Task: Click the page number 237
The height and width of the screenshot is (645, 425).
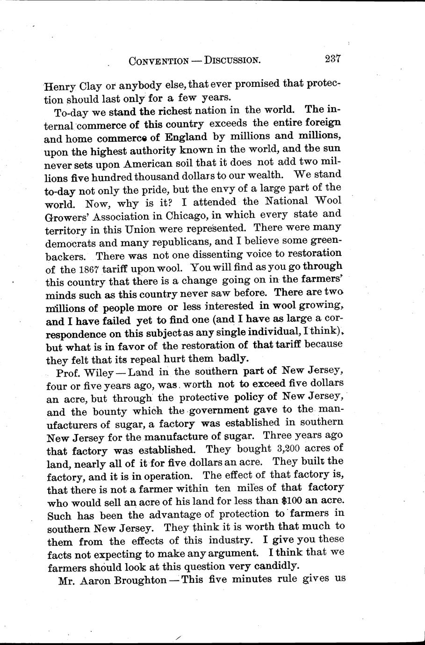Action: click(330, 59)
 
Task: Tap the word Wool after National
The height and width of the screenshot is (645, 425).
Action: click(326, 201)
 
